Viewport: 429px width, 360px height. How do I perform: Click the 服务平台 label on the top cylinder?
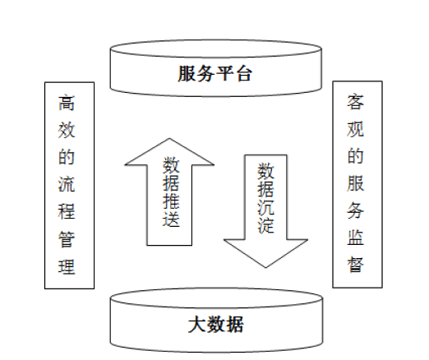coord(215,73)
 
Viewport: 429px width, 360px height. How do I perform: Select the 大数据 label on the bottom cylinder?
coord(216,325)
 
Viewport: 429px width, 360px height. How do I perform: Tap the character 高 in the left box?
coord(67,103)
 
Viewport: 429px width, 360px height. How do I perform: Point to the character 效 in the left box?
coord(67,130)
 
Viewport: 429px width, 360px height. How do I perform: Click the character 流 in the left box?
coord(67,184)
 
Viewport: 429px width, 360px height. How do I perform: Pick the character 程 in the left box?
coord(67,211)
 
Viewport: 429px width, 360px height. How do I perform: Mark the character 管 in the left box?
coord(67,239)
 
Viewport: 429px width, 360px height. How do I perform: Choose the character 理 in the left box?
coord(67,266)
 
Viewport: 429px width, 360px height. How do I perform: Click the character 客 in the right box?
coord(356,102)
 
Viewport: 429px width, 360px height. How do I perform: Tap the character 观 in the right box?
coord(356,129)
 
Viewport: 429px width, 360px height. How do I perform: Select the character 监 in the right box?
coord(356,238)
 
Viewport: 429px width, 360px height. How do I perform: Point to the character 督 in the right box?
coord(356,265)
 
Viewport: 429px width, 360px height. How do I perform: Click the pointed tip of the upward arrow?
coord(169,138)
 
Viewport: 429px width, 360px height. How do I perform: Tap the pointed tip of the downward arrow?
coord(265,267)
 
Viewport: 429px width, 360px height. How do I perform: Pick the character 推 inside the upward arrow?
coord(171,201)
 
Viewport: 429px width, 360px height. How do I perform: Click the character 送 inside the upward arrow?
coord(171,219)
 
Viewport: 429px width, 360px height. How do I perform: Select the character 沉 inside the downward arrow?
coord(265,206)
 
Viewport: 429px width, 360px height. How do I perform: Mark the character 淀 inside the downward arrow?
coord(265,224)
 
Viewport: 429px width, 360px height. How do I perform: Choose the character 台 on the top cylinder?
coord(244,73)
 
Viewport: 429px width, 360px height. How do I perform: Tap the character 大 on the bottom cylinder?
coord(197,325)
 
